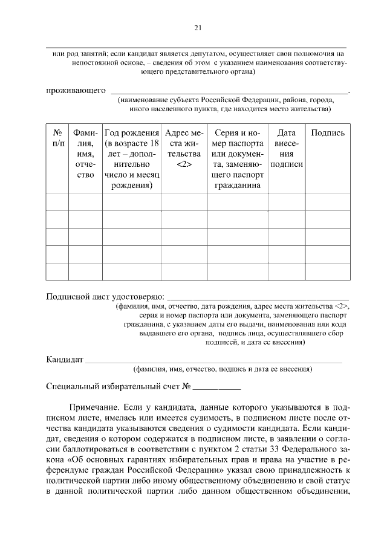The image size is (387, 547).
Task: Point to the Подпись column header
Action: click(328, 133)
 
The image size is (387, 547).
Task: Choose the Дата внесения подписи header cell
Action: click(287, 148)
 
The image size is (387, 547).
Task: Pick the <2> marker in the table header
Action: click(184, 164)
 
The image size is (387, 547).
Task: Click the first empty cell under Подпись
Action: click(328, 201)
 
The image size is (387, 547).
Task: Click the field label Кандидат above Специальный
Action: click(65, 360)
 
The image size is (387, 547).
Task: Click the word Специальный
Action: click(76, 386)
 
